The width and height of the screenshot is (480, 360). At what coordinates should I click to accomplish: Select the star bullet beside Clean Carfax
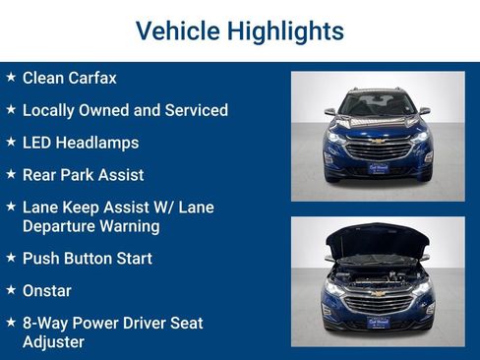pyautogui.click(x=10, y=77)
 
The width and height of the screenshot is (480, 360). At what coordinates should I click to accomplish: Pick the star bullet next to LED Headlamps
pyautogui.click(x=10, y=142)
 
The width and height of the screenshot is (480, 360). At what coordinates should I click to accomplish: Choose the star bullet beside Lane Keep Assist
pyautogui.click(x=10, y=208)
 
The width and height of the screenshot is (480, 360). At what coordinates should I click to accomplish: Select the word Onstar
pyautogui.click(x=47, y=291)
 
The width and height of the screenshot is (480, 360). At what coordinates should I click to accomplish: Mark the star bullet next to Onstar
pyautogui.click(x=10, y=290)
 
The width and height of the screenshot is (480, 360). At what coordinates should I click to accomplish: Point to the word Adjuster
pyautogui.click(x=53, y=341)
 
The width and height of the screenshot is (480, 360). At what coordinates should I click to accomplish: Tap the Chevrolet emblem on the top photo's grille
pyautogui.click(x=378, y=142)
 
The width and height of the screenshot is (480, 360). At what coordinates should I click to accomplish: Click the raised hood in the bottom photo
pyautogui.click(x=378, y=239)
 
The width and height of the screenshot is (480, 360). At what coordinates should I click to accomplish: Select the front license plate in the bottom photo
pyautogui.click(x=378, y=321)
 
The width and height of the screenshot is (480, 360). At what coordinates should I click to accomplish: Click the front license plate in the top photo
pyautogui.click(x=378, y=169)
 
